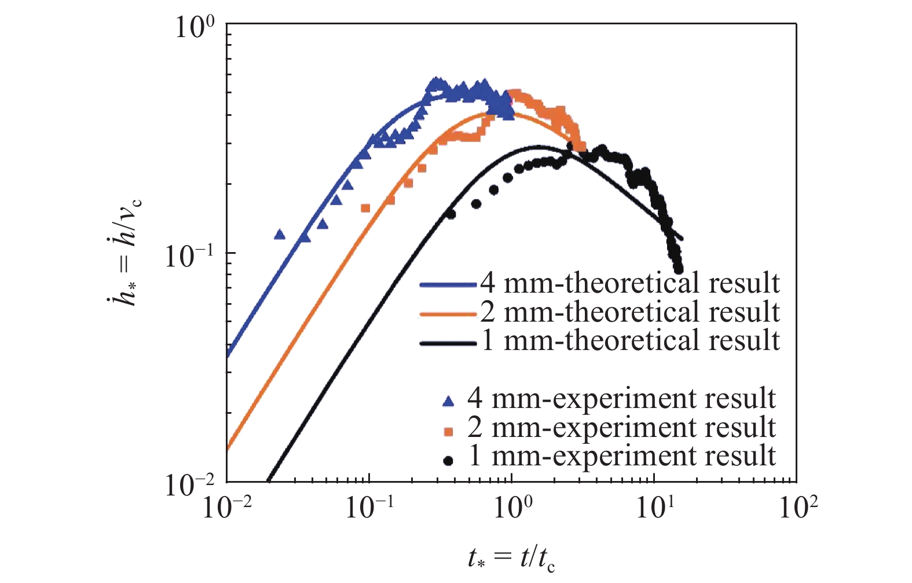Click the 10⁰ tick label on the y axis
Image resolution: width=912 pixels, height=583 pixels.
tap(195, 27)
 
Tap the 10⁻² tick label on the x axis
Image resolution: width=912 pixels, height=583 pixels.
tap(226, 508)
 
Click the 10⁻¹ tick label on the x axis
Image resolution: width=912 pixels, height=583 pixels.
tap(369, 508)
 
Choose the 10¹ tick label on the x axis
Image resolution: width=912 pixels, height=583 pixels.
tap(655, 508)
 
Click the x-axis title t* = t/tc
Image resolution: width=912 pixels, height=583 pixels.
tap(511, 559)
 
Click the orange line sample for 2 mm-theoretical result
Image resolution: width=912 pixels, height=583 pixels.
tap(448, 314)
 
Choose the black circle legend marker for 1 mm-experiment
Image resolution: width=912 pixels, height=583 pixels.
tap(448, 461)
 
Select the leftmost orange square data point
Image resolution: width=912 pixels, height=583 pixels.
tap(365, 208)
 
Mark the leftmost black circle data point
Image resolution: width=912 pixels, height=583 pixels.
tap(451, 214)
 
